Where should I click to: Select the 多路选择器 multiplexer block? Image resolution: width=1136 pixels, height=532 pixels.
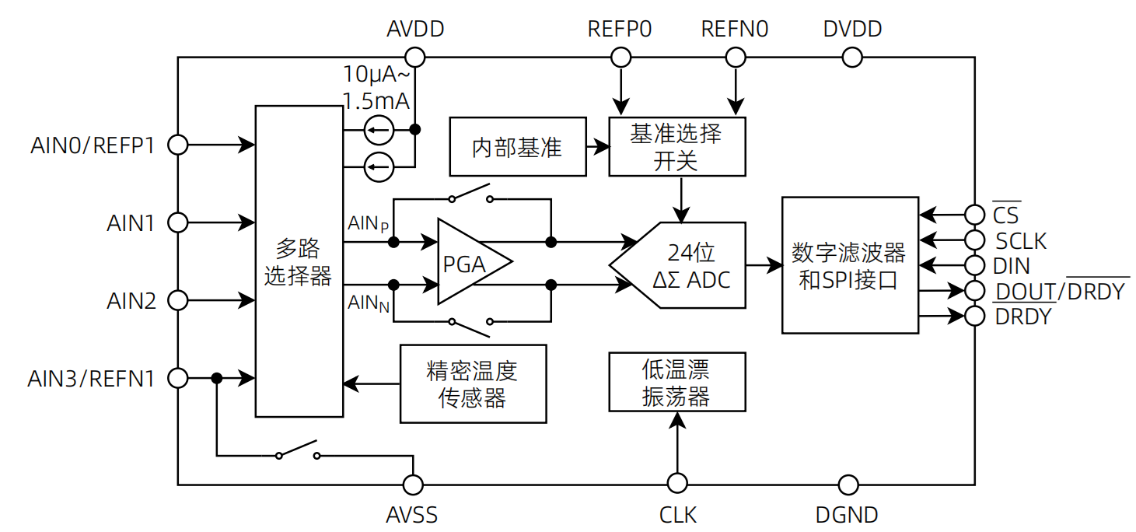click(x=299, y=261)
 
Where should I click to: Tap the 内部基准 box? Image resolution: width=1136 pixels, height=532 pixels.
click(x=517, y=147)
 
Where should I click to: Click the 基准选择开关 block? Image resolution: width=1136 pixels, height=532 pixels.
click(x=676, y=147)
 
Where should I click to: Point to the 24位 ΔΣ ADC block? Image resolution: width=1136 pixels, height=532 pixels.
click(x=684, y=265)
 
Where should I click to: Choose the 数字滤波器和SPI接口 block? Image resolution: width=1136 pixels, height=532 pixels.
click(x=849, y=265)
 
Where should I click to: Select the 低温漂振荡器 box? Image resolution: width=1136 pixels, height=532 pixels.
click(x=676, y=382)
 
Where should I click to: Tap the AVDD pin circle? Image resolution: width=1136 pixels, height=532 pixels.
click(x=415, y=57)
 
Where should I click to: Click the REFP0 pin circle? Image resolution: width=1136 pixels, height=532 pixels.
click(x=620, y=57)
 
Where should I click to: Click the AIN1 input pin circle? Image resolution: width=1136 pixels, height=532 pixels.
click(x=178, y=223)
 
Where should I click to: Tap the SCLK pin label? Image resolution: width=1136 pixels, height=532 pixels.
click(x=1021, y=240)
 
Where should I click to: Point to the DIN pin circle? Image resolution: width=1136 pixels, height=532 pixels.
click(x=974, y=265)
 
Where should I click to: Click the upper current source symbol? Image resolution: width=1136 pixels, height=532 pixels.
click(x=379, y=130)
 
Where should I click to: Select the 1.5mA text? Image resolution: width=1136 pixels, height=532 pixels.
click(x=376, y=101)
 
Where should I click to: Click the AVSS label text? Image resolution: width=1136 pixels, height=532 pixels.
click(x=411, y=515)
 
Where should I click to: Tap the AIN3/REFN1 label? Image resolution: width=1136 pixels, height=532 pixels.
click(x=91, y=379)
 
